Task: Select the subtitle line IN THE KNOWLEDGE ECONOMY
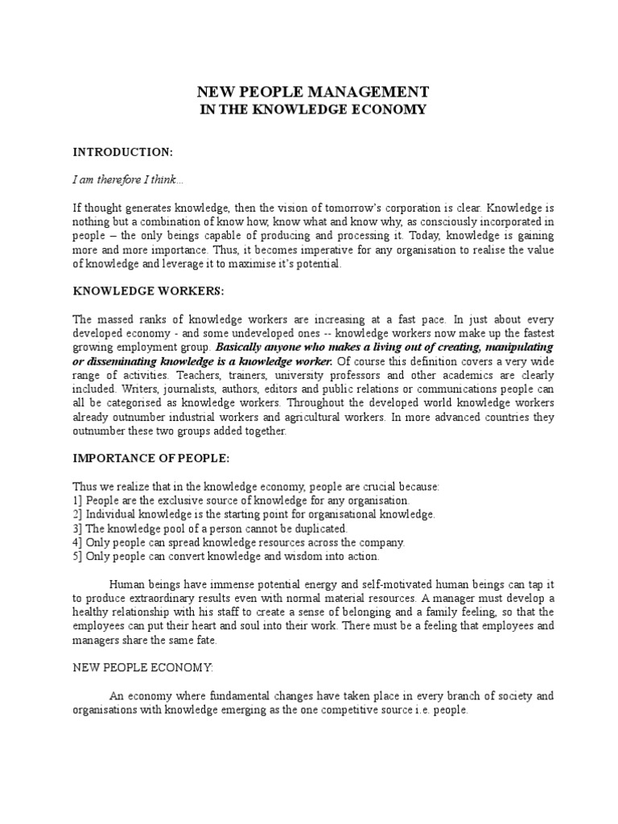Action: [312, 109]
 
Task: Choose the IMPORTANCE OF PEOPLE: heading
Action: [151, 459]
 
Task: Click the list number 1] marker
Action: [77, 501]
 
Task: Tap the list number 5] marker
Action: [77, 556]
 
